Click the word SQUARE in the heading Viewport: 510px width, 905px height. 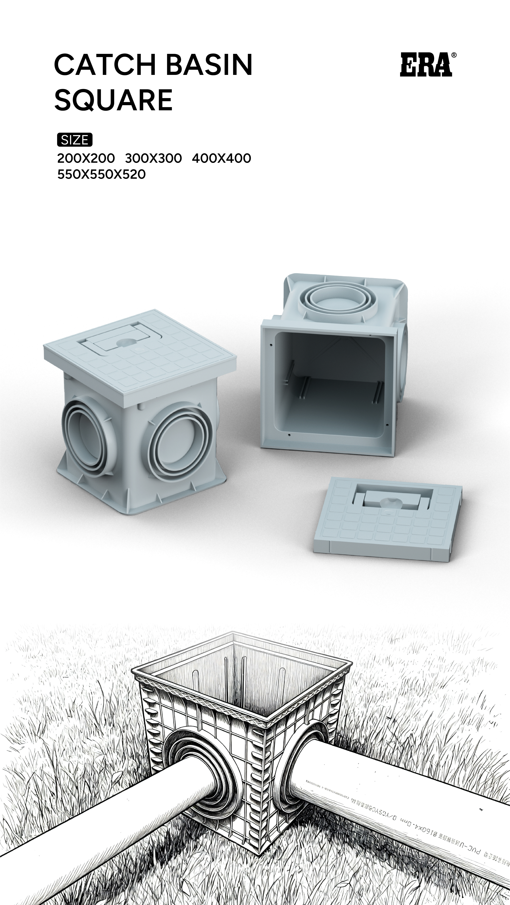[113, 100]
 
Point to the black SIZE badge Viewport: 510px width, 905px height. [74, 140]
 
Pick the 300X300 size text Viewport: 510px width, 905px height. [153, 158]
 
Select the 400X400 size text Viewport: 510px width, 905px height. [222, 158]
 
